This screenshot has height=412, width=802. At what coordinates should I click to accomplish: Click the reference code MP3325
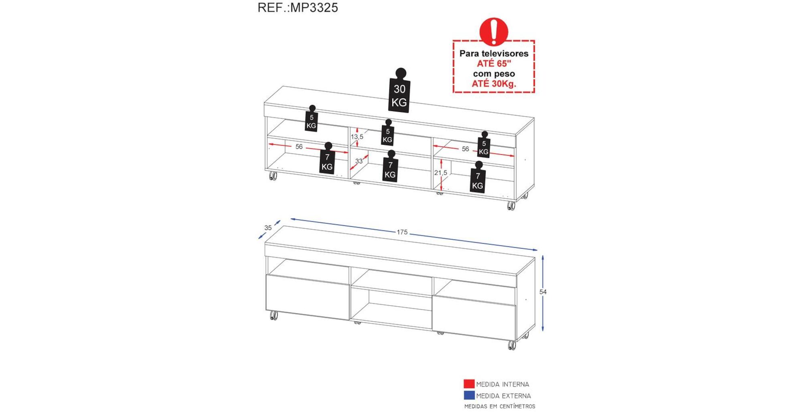pyautogui.click(x=314, y=8)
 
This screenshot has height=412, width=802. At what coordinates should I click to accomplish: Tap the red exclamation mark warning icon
pyautogui.click(x=494, y=31)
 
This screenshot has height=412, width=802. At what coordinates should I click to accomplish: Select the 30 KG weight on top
pyautogui.click(x=399, y=90)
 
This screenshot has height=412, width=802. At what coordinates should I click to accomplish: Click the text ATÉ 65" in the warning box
pyautogui.click(x=494, y=63)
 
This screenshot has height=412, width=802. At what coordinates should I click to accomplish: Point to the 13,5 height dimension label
pyautogui.click(x=357, y=137)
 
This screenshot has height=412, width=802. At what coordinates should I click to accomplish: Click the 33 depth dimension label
pyautogui.click(x=358, y=161)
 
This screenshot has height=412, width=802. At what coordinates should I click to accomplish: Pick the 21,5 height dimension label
pyautogui.click(x=440, y=173)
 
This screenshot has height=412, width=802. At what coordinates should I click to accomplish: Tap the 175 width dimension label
pyautogui.click(x=402, y=232)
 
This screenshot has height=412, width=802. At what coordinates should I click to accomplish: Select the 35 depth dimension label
pyautogui.click(x=268, y=228)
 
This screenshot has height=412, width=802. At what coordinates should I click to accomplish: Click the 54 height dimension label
pyautogui.click(x=543, y=292)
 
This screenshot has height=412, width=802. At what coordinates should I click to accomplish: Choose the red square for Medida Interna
pyautogui.click(x=469, y=384)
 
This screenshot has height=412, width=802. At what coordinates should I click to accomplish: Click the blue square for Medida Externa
pyautogui.click(x=469, y=395)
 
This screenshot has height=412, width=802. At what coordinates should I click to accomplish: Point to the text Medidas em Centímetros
pyautogui.click(x=500, y=406)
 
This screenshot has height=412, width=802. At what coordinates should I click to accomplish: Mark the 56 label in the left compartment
pyautogui.click(x=299, y=147)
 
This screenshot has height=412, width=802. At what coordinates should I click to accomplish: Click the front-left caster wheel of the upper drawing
pyautogui.click(x=273, y=176)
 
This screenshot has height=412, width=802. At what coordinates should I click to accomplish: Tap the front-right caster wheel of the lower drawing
pyautogui.click(x=511, y=345)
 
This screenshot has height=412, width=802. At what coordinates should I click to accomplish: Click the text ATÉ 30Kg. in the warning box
pyautogui.click(x=494, y=83)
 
